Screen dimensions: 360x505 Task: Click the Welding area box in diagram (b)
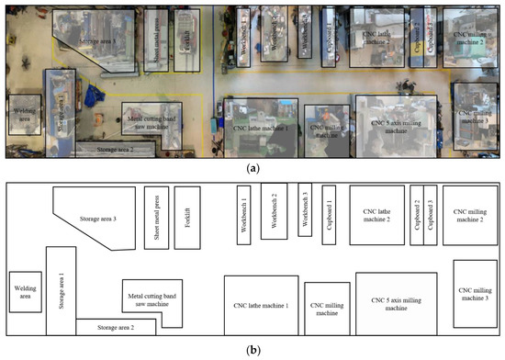click(x=26, y=292)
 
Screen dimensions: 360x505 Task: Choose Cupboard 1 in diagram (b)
click(x=329, y=216)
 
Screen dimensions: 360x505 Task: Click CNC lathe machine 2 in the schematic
click(x=376, y=216)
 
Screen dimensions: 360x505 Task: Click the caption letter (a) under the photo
click(x=252, y=168)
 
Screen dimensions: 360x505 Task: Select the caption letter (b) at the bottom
click(x=252, y=350)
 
